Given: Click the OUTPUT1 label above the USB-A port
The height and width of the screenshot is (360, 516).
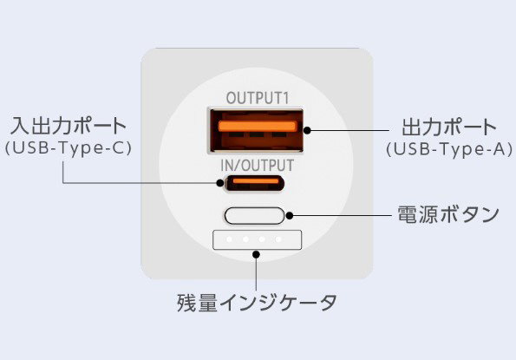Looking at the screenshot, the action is pyautogui.click(x=258, y=98).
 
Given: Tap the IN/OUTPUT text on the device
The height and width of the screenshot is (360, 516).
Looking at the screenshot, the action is pyautogui.click(x=257, y=166).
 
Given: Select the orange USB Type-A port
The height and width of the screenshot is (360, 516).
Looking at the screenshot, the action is pyautogui.click(x=256, y=131).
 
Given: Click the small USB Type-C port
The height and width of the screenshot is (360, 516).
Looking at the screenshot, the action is pyautogui.click(x=254, y=183).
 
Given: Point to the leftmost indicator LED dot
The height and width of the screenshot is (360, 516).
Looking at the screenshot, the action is pyautogui.click(x=229, y=239).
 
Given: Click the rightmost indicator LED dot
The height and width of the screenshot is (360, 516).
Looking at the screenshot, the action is pyautogui.click(x=278, y=239).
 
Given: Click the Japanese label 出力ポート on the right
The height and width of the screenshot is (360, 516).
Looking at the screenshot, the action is pyautogui.click(x=449, y=128).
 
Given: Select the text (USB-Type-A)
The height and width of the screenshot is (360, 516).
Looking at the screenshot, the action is pyautogui.click(x=449, y=149).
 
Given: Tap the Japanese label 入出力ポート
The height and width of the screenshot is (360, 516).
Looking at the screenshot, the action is pyautogui.click(x=69, y=125).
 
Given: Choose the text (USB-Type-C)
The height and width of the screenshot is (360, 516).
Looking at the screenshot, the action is pyautogui.click(x=69, y=147).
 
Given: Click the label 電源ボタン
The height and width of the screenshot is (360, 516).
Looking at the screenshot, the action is pyautogui.click(x=448, y=214).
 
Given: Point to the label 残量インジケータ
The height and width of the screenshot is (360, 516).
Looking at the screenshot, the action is pyautogui.click(x=257, y=303).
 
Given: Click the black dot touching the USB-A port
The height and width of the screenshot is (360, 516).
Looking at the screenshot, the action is pyautogui.click(x=307, y=130).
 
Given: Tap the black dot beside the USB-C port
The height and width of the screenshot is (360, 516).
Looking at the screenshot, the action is pyautogui.click(x=220, y=183).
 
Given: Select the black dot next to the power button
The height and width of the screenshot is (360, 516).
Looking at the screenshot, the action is pyautogui.click(x=290, y=216).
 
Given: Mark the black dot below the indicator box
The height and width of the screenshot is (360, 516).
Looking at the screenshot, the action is pyautogui.click(x=257, y=254).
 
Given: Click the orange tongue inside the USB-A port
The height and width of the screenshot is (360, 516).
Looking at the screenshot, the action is pyautogui.click(x=258, y=127).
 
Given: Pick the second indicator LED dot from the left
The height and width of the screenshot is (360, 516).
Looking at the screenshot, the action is pyautogui.click(x=245, y=239).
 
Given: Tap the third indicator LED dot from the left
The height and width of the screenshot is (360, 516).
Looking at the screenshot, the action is pyautogui.click(x=262, y=239).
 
